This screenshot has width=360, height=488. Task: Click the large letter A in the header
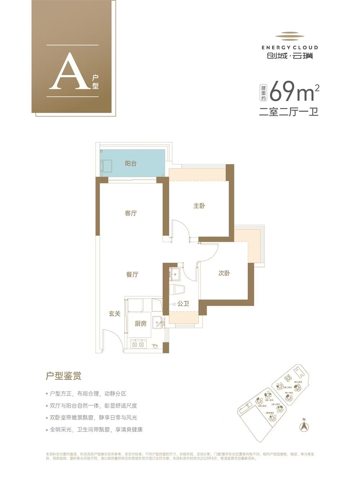[69, 73]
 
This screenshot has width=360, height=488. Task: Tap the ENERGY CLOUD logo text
[289, 47]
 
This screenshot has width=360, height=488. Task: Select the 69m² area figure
[293, 92]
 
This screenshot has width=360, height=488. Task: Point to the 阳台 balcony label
[131, 163]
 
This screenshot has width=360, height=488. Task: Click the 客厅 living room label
[131, 213]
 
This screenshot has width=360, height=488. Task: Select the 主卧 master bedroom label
[199, 206]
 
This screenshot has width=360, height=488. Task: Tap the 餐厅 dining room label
[132, 275]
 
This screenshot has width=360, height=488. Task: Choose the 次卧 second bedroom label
[224, 273]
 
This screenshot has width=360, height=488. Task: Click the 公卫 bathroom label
[183, 304]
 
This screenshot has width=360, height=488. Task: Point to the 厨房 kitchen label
[140, 324]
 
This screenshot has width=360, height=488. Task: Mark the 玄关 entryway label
[114, 314]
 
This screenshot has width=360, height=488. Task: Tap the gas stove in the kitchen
[139, 345]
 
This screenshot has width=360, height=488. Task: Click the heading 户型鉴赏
[63, 376]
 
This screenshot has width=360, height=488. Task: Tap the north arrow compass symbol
[304, 426]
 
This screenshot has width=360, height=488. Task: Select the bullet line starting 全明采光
[96, 429]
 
